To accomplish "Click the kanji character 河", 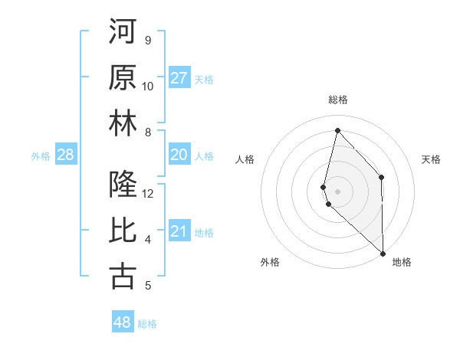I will tap(123, 31).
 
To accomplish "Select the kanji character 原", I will tap(123, 77).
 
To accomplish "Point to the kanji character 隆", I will tap(123, 185).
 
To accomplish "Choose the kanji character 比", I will tap(123, 231).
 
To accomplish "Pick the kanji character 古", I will tap(123, 277).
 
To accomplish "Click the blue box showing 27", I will tap(179, 78).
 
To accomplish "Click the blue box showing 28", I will tap(66, 155).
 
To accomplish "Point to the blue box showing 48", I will tap(123, 322).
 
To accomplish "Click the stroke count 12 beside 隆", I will tap(148, 193).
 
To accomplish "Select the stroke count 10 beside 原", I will tap(148, 86).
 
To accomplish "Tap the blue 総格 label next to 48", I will tap(147, 324).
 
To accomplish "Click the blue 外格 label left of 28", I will tap(41, 156).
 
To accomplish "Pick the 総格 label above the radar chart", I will tap(337, 100).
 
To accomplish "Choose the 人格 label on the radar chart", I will tap(245, 159).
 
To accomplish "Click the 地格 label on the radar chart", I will tap(402, 263).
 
